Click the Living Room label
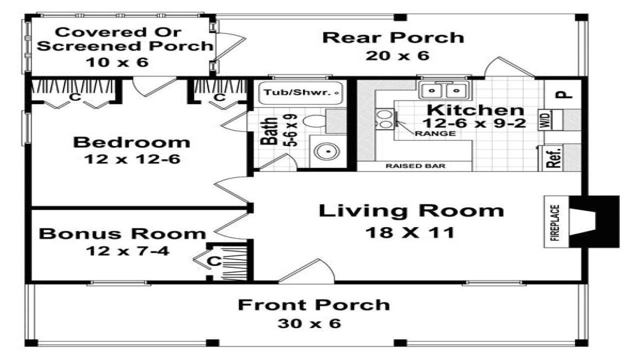(x=411, y=210)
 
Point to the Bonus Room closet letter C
(x=214, y=260)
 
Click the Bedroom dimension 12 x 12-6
(x=132, y=159)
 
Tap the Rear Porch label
(x=393, y=37)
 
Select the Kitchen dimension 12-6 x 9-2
(x=474, y=123)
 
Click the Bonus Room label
(x=122, y=233)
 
